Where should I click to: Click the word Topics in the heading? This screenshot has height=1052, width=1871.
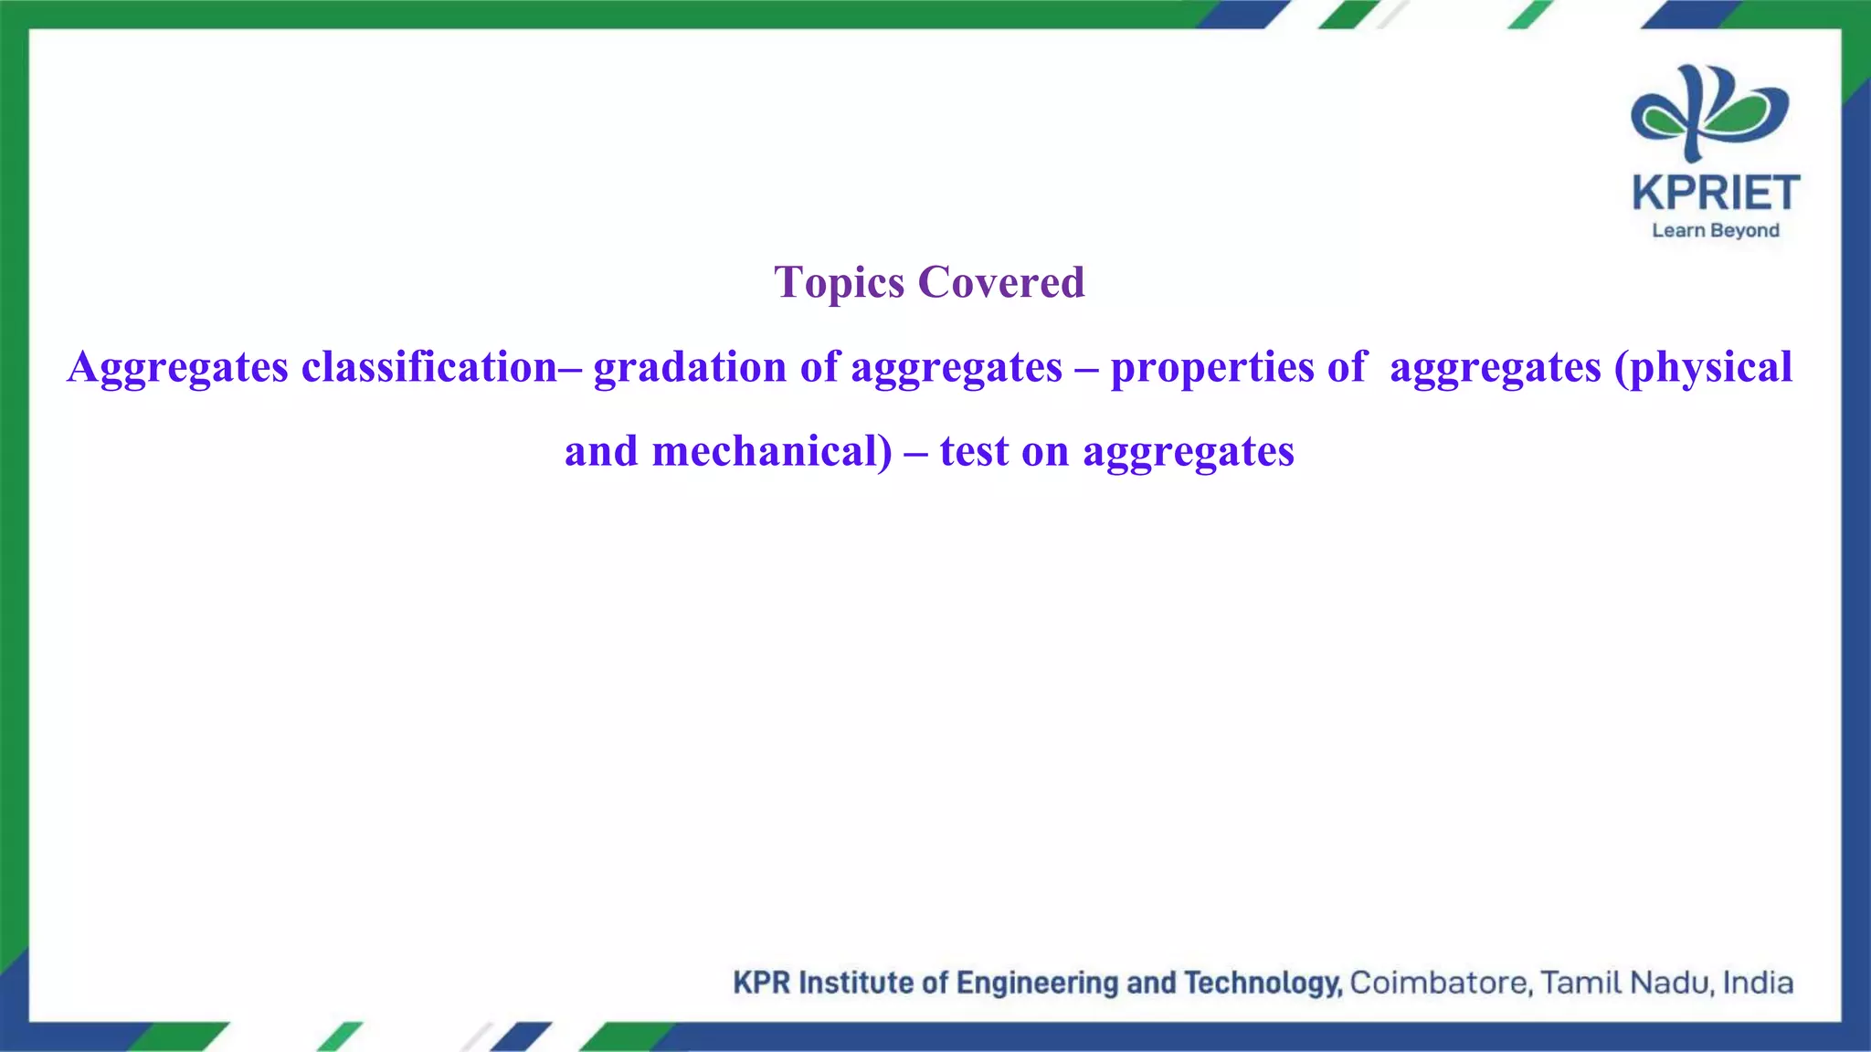point(839,283)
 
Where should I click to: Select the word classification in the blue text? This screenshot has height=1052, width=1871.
point(429,367)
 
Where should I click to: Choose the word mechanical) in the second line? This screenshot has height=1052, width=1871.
point(772,451)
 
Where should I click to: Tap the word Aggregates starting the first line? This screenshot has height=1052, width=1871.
point(177,367)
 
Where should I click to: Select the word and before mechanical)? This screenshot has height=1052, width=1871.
point(601,451)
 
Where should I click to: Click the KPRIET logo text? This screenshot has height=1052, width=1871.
point(1716,194)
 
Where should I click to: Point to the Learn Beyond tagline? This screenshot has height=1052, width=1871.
point(1716,231)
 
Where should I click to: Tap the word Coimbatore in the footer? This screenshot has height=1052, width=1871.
point(1441,983)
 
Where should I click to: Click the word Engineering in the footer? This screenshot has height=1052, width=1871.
point(1038,983)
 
